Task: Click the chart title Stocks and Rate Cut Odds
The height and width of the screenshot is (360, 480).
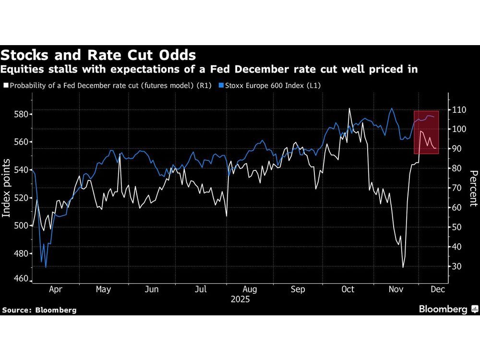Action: [x=98, y=54]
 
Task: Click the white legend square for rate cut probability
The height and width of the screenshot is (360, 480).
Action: [x=5, y=85]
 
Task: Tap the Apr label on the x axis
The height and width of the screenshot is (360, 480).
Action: [x=56, y=289]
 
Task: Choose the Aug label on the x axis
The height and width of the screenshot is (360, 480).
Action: [x=250, y=289]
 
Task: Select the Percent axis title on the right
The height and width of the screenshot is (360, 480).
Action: [x=473, y=188]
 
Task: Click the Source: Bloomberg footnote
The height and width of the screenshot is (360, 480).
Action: [x=39, y=310]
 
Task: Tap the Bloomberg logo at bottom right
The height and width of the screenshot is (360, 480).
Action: [x=448, y=309]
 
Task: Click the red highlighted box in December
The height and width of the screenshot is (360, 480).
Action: [x=426, y=132]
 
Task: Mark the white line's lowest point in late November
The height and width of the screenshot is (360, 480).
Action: [x=403, y=267]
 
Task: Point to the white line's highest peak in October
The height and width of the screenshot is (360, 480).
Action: [x=349, y=108]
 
